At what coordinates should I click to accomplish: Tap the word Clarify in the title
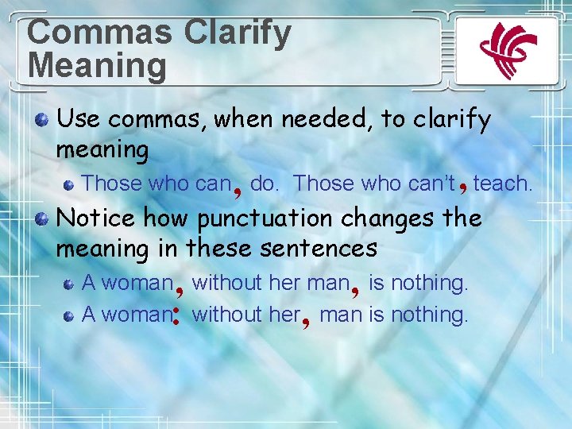238,33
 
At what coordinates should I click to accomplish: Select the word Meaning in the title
97,65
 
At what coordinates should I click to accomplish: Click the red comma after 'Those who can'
238,189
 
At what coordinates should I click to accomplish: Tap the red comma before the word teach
463,187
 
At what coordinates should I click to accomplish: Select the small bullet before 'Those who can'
69,184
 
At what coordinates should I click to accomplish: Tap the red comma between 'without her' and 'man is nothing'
306,320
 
